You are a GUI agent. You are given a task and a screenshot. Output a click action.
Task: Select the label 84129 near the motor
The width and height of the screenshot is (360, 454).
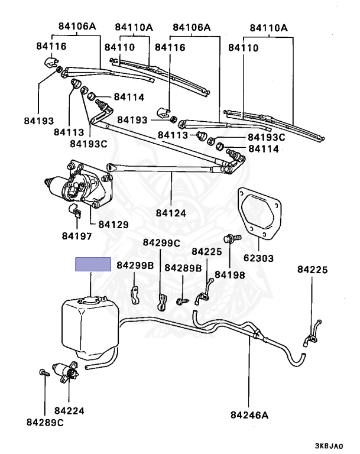click(x=112, y=225)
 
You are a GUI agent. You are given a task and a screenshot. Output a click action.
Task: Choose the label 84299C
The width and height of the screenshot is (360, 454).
click(x=161, y=243)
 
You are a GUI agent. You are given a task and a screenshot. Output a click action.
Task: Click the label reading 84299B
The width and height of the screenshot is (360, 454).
click(x=135, y=265)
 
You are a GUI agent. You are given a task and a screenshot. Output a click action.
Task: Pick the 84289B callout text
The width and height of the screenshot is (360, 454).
click(x=183, y=268)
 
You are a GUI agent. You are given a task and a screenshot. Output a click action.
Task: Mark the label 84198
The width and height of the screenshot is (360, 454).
click(x=230, y=274)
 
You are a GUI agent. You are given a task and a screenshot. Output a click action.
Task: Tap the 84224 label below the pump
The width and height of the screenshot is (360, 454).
click(x=69, y=410)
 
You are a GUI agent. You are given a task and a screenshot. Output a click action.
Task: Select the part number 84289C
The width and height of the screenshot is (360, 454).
click(x=45, y=422)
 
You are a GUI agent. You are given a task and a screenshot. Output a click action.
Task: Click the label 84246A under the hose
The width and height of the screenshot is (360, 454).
click(x=249, y=415)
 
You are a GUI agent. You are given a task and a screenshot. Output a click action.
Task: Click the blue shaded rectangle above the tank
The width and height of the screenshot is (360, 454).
click(x=92, y=264)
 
